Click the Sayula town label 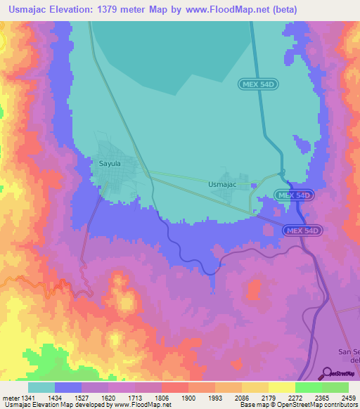(x=109, y=163)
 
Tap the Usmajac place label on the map (x=221, y=184)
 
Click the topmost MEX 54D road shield (x=259, y=84)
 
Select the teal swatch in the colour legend (x=41, y=387)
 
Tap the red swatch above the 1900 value (x=174, y=387)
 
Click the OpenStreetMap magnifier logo (x=326, y=372)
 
